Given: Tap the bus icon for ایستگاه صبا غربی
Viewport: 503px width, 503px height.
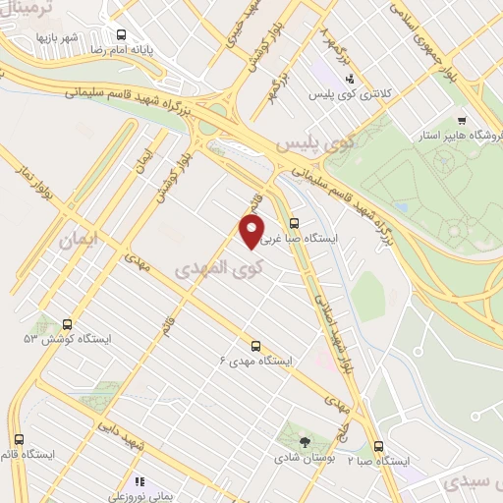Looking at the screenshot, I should (294, 223).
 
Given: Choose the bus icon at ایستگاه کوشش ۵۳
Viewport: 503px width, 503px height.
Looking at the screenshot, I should (67, 323).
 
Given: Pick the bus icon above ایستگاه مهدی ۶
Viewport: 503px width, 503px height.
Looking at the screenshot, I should (255, 345).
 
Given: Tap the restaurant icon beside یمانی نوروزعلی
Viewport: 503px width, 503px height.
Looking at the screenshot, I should (140, 482).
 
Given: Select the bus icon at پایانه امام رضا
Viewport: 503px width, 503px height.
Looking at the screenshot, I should (117, 30).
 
